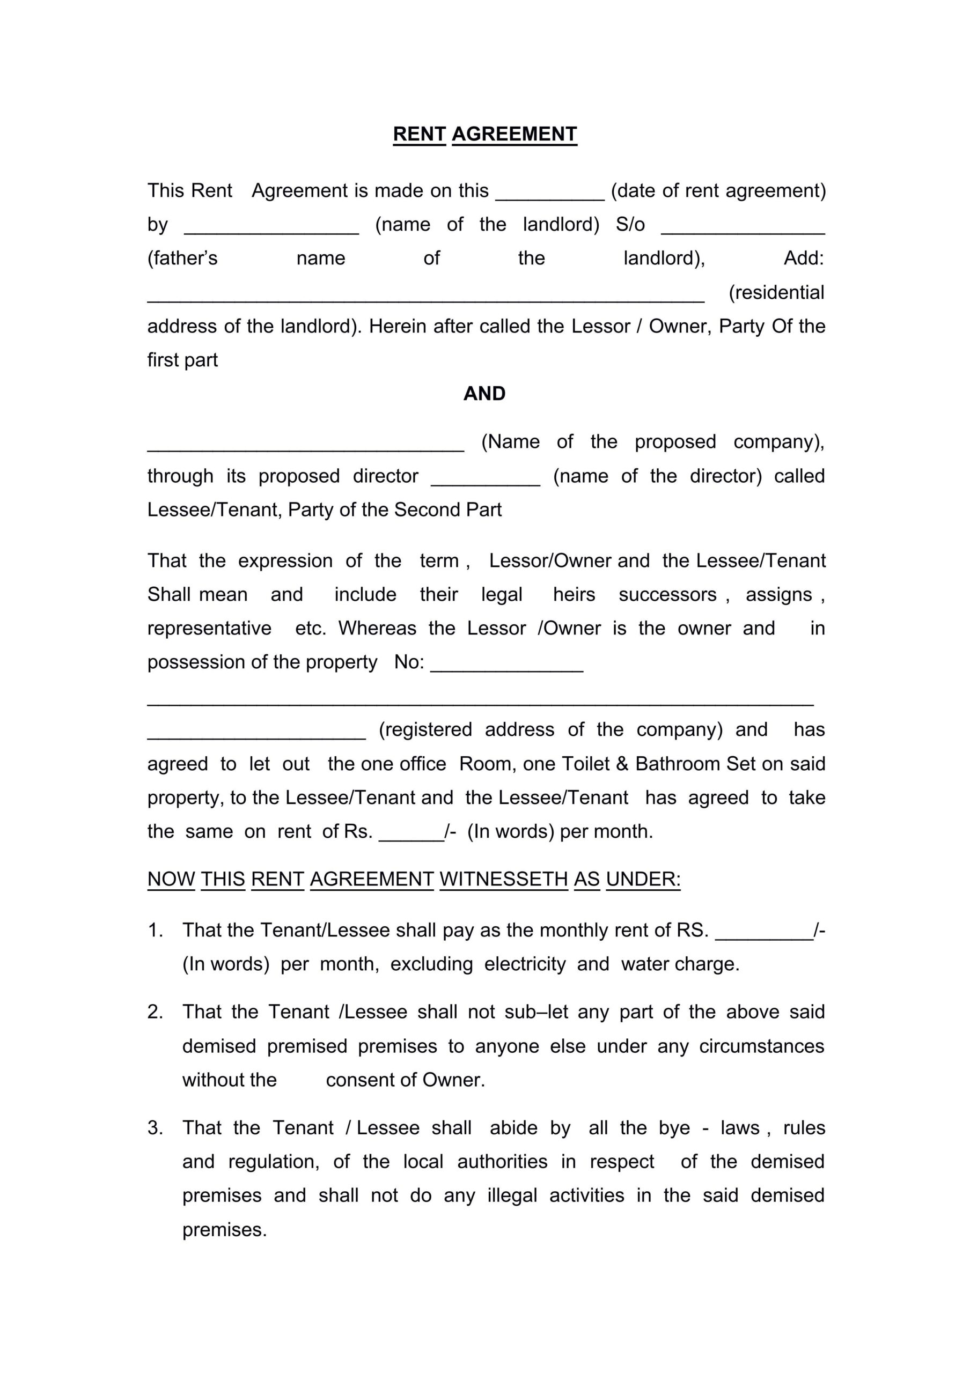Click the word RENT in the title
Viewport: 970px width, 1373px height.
tap(418, 134)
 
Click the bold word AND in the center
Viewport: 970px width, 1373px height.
tap(484, 394)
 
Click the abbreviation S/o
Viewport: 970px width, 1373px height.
tap(630, 224)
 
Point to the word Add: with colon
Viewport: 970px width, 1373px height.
tap(804, 259)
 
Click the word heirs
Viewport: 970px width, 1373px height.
tap(574, 594)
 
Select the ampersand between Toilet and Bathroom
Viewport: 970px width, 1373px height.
tap(622, 764)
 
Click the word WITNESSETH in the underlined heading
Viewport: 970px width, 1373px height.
tap(504, 879)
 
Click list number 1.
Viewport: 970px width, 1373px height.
tap(155, 930)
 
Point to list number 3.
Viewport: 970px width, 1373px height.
tap(155, 1128)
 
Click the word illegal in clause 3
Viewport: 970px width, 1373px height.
tap(512, 1195)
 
